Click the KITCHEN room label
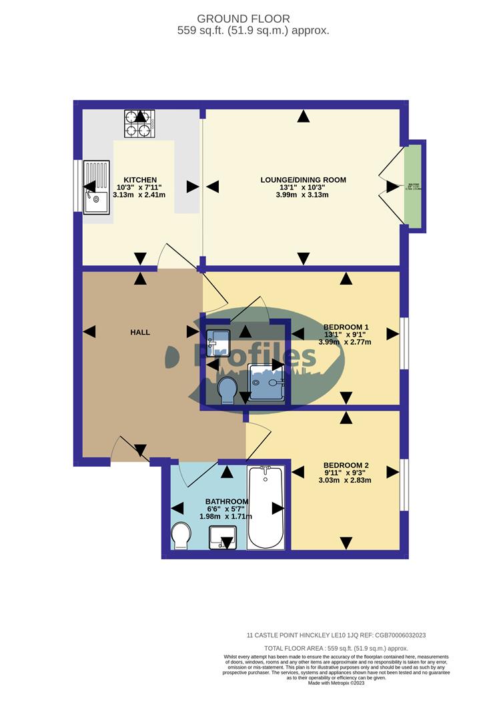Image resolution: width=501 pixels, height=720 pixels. tap(140, 180)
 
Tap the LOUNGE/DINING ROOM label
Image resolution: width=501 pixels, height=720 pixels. tap(303, 180)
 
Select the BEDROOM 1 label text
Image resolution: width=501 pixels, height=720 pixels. tap(346, 327)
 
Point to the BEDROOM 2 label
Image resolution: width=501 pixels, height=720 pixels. tap(346, 465)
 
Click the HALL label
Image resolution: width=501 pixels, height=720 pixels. tap(140, 332)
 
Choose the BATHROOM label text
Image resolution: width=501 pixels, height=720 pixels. tap(227, 501)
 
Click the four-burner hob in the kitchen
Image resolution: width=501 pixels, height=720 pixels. tap(139, 124)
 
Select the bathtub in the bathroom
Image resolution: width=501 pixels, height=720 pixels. tap(266, 508)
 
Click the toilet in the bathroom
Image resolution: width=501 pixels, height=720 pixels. tap(181, 535)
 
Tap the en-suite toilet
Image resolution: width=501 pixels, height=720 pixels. tap(227, 389)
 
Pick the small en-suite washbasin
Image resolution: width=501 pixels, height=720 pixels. tap(218, 341)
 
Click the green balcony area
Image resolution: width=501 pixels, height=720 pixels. tap(413, 187)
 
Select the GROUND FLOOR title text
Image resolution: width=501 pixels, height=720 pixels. tap(253, 19)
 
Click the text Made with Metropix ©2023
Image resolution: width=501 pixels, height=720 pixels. tap(336, 683)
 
